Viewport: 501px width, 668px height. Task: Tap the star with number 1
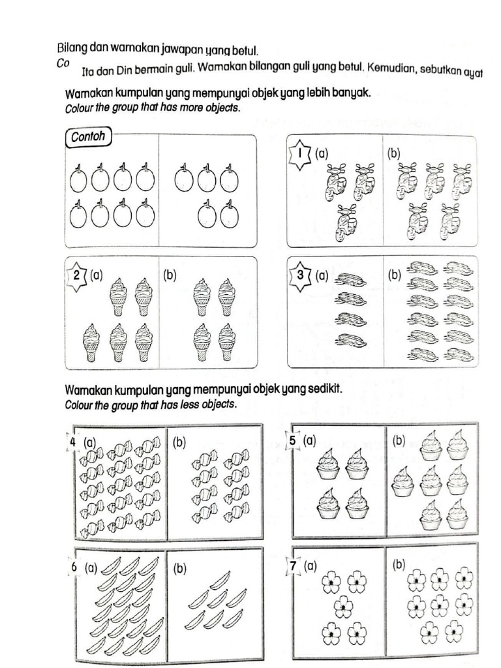tap(300, 155)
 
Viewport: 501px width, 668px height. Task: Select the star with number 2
tap(78, 275)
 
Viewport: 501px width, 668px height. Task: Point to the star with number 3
tap(301, 275)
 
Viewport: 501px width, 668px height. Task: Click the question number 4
tap(73, 442)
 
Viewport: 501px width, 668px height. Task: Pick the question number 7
tap(294, 566)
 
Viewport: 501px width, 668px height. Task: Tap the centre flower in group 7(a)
tap(342, 608)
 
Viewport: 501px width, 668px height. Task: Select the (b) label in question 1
tap(393, 154)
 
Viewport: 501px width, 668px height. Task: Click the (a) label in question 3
tap(321, 276)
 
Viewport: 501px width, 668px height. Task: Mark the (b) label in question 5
tap(399, 442)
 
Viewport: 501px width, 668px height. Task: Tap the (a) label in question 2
tap(97, 275)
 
